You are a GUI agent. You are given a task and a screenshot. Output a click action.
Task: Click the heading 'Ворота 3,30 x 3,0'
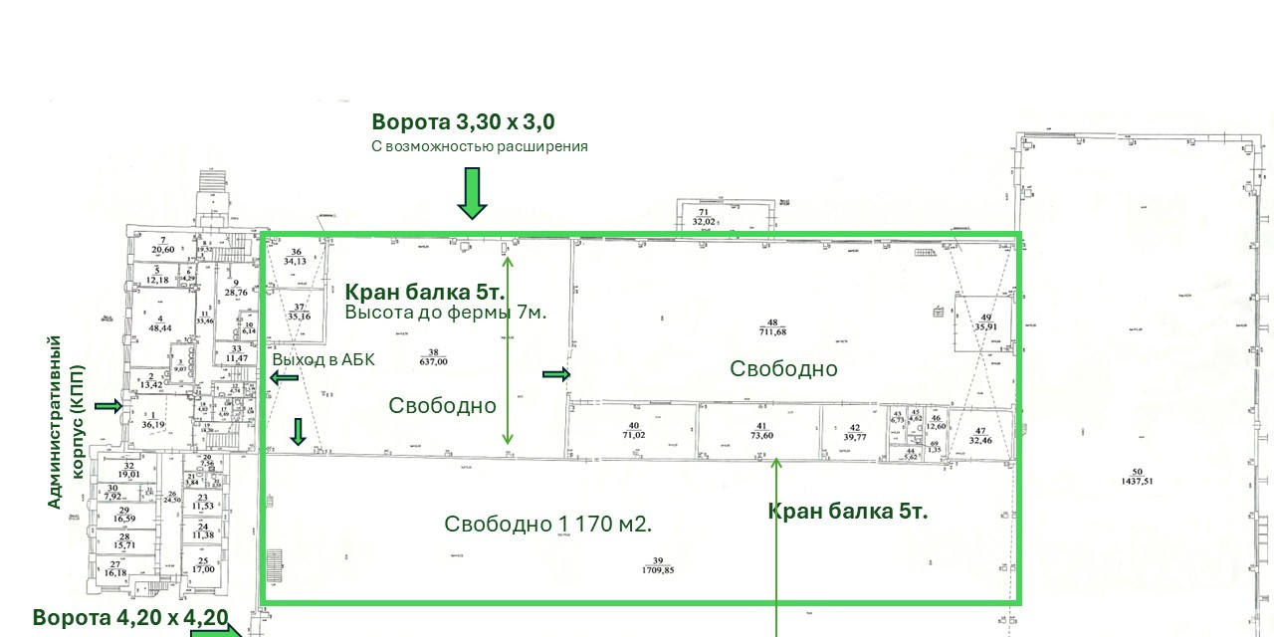tap(463, 122)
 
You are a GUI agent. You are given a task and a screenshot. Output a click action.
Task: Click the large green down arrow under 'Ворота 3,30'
tap(472, 193)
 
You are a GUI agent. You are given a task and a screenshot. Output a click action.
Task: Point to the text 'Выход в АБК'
tap(323, 360)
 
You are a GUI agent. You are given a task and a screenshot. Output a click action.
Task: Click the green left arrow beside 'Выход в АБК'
tap(284, 378)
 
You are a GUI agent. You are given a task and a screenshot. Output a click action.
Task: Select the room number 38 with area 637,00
tap(433, 357)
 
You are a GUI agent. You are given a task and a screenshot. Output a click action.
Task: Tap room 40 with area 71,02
tap(633, 430)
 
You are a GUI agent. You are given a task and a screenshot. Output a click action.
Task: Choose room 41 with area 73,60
tap(761, 430)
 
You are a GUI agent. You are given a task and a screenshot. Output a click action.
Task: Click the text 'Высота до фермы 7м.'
tap(446, 312)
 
